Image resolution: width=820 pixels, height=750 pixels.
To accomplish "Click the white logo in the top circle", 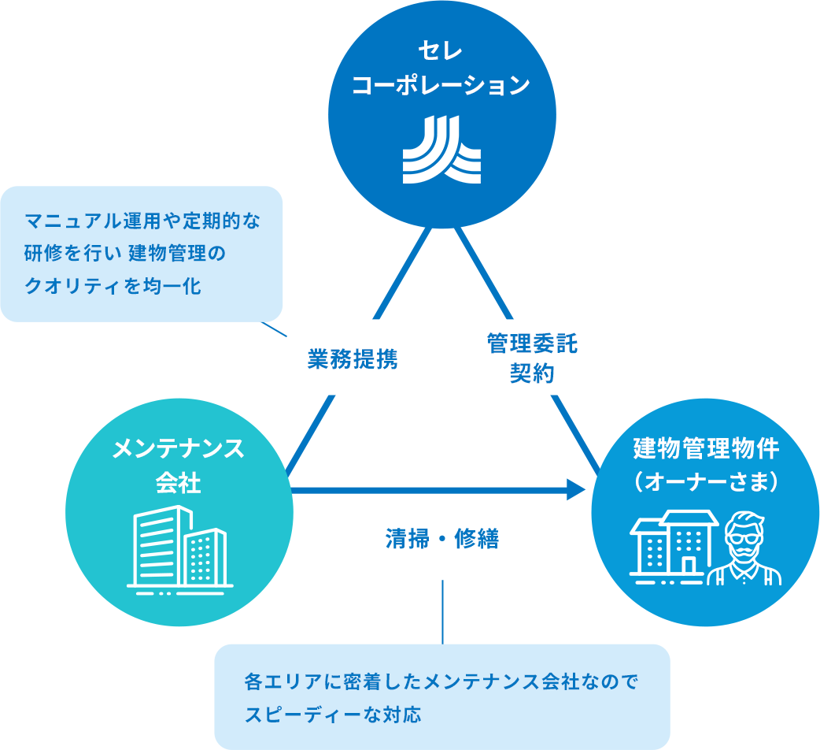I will (441, 150).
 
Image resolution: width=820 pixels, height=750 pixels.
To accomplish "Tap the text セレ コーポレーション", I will (441, 71).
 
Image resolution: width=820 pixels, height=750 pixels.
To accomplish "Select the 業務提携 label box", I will (353, 358).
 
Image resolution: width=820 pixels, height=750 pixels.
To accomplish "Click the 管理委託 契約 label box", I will (531, 358).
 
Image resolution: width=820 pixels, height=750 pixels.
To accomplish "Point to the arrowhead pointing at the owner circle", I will (578, 491).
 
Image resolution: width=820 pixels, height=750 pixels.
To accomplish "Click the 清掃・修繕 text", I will (442, 540).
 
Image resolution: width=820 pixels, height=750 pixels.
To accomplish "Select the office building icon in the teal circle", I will (179, 547).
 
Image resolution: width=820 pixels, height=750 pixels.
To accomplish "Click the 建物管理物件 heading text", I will (705, 450).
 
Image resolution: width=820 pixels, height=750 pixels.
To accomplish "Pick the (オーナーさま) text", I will (705, 481).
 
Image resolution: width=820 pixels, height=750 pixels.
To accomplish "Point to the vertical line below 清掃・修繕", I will (442, 611).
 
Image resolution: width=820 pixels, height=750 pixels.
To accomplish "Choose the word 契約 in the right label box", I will (531, 373).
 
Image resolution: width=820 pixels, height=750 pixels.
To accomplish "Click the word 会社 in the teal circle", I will (179, 481).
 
